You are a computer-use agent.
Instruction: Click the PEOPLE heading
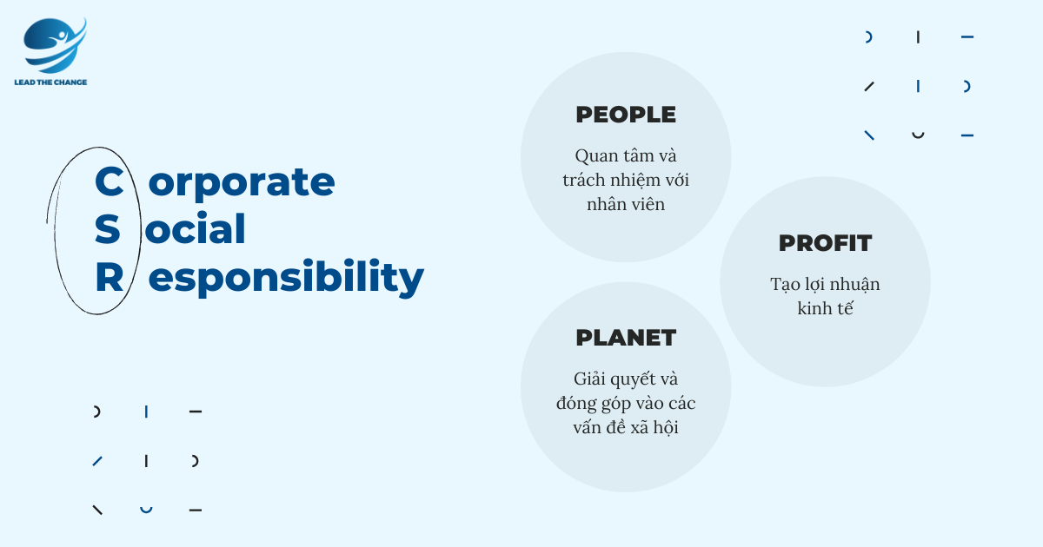(626, 115)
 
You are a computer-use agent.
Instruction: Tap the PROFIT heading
(825, 243)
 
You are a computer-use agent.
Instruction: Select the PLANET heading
(626, 338)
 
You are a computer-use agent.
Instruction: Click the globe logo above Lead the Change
(55, 45)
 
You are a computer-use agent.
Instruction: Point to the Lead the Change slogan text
(50, 82)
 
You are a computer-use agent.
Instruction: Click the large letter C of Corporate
(109, 181)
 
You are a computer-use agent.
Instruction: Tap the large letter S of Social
(107, 229)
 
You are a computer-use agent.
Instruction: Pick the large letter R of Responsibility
(110, 277)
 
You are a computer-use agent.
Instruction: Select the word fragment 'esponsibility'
(286, 278)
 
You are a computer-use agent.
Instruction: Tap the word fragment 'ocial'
(195, 228)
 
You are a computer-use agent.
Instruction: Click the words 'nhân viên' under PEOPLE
(626, 204)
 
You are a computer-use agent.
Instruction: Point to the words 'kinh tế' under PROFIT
(825, 308)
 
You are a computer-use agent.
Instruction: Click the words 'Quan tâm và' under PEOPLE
(626, 156)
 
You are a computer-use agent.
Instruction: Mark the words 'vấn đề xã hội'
(626, 427)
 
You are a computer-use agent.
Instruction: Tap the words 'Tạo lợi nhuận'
(825, 285)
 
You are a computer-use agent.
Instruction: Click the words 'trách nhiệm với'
(626, 181)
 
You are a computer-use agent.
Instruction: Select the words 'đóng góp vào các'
(626, 404)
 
